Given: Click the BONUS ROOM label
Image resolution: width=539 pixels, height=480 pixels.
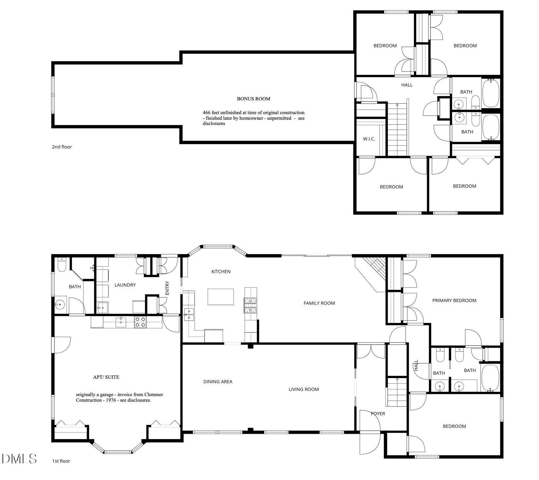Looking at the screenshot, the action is pyautogui.click(x=253, y=99).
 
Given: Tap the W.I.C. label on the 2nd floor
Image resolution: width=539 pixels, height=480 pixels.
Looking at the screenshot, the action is pyautogui.click(x=369, y=139).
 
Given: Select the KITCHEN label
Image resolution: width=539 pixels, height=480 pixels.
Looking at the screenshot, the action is pyautogui.click(x=221, y=271).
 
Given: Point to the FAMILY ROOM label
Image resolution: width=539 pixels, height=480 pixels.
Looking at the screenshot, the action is pyautogui.click(x=319, y=303).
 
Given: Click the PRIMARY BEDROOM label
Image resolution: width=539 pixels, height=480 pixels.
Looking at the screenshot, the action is pyautogui.click(x=454, y=300).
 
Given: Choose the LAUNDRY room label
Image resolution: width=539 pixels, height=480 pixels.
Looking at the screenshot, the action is pyautogui.click(x=125, y=285).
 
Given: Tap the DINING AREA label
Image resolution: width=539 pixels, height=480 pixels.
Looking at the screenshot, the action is pyautogui.click(x=218, y=382).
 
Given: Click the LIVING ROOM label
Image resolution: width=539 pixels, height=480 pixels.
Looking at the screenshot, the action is pyautogui.click(x=304, y=389).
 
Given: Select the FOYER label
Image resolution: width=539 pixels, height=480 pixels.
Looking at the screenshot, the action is pyautogui.click(x=378, y=414).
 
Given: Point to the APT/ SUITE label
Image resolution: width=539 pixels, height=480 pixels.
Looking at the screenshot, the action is pyautogui.click(x=106, y=377).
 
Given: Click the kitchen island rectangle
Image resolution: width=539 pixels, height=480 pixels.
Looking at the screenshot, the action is pyautogui.click(x=221, y=297).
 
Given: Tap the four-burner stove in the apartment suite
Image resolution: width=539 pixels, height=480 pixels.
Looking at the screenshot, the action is pyautogui.click(x=140, y=322).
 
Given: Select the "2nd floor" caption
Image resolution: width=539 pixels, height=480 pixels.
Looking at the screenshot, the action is pyautogui.click(x=62, y=147).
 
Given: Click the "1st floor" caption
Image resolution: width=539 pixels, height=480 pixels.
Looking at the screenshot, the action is pyautogui.click(x=61, y=461).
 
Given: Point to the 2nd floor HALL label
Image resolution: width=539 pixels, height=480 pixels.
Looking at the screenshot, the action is pyautogui.click(x=407, y=85).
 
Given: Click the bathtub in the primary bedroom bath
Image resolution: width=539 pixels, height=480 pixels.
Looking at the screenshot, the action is pyautogui.click(x=490, y=378).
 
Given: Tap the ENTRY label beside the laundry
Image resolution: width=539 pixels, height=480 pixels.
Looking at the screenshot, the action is pyautogui.click(x=167, y=288).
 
